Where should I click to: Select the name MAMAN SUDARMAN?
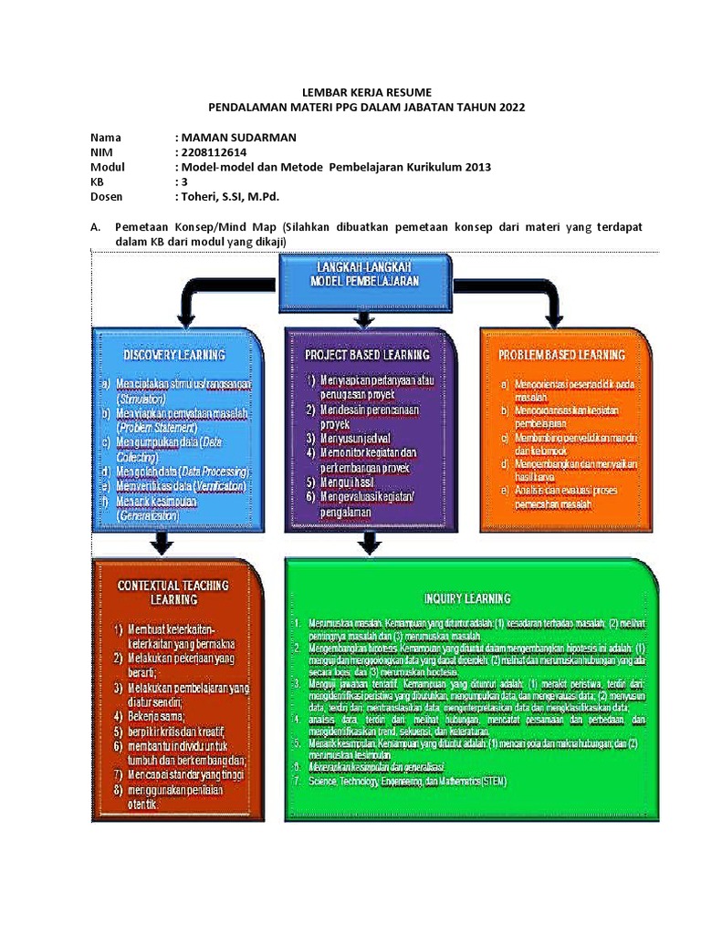click(238, 138)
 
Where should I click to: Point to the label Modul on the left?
click(108, 167)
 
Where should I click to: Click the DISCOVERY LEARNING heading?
click(174, 353)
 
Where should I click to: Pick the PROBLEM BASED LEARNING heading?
click(561, 354)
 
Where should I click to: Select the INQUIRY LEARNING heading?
click(466, 598)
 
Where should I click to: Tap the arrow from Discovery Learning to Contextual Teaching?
click(161, 545)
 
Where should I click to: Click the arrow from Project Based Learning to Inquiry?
click(368, 545)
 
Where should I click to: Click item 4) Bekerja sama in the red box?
click(156, 717)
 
